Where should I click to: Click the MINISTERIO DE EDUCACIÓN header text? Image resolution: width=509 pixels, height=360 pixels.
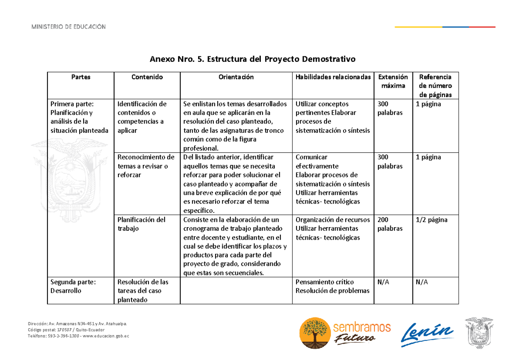(x=68, y=27)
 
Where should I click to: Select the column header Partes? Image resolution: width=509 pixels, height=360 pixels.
(x=81, y=77)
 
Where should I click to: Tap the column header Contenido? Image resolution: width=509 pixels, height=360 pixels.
(x=147, y=77)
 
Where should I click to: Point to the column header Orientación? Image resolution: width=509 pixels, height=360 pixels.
(x=236, y=77)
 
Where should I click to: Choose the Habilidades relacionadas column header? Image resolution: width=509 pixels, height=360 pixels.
(x=333, y=77)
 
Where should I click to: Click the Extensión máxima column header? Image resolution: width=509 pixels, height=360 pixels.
(x=393, y=81)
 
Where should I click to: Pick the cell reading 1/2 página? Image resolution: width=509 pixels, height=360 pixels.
(x=431, y=220)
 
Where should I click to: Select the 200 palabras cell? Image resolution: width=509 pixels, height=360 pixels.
(x=390, y=224)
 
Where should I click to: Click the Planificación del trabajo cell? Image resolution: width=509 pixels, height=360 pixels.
(x=142, y=224)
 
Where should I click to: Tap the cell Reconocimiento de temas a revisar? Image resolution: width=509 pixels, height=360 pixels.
(x=145, y=166)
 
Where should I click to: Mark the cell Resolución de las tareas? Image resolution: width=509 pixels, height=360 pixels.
(x=143, y=291)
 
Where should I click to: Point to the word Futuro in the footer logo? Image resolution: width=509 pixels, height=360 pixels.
(x=354, y=338)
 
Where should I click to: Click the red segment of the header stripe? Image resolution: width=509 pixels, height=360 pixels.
(x=482, y=27)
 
